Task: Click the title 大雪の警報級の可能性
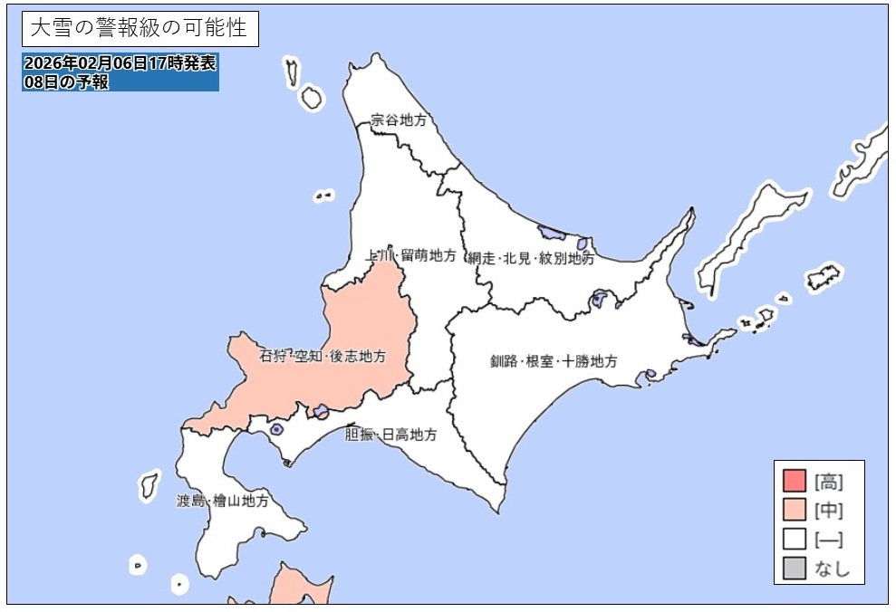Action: (139, 28)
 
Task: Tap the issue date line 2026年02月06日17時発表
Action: (120, 63)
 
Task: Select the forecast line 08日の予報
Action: (68, 81)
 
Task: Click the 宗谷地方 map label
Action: (398, 120)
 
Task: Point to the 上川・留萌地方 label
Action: (410, 255)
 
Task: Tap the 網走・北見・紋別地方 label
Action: (531, 258)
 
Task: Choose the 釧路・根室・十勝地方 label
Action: (554, 361)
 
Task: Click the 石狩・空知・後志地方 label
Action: (323, 356)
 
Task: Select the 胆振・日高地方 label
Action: (390, 435)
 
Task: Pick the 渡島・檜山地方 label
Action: (222, 500)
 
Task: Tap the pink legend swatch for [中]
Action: (794, 510)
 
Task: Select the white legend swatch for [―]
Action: (794, 540)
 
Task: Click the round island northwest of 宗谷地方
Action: (312, 98)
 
